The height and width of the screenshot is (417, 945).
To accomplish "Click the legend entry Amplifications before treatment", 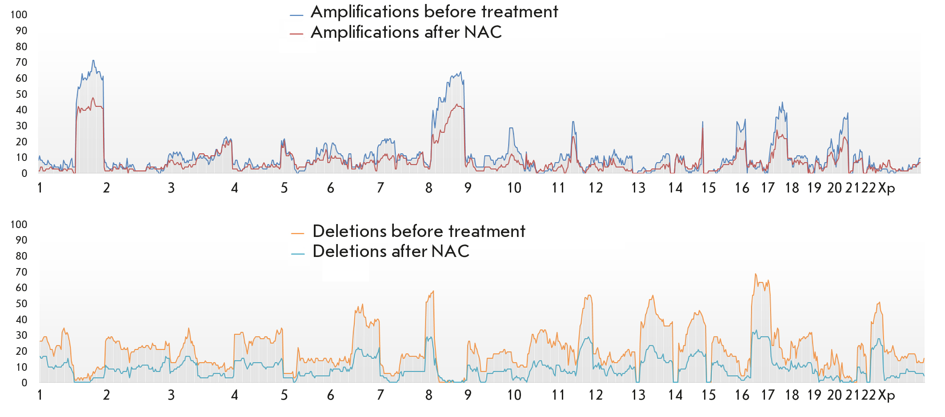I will [434, 12].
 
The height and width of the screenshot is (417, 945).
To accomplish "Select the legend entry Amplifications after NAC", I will [406, 32].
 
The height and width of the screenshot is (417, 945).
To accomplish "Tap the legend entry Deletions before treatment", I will [419, 231].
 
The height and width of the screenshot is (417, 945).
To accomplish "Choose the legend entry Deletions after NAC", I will [391, 252].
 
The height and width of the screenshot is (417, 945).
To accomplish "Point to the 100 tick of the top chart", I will [19, 15].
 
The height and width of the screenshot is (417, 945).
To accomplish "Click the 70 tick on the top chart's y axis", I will [21, 62].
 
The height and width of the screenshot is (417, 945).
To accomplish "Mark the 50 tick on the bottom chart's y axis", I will [21, 304].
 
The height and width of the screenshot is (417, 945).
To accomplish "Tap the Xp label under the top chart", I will [886, 188].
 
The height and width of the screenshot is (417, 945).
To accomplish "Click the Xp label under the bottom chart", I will [886, 395].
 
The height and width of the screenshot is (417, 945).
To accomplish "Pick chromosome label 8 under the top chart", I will [428, 188].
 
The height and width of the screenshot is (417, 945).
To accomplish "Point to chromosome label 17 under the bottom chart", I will [768, 395].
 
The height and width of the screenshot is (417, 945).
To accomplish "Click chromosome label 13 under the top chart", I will [638, 188].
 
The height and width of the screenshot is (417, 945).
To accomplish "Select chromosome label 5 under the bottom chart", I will [284, 395].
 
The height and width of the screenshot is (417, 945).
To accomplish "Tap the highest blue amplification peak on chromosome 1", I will [93, 60].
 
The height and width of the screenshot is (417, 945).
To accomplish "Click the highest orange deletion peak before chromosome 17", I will [755, 274].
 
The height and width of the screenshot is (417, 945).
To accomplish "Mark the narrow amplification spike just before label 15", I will [703, 121].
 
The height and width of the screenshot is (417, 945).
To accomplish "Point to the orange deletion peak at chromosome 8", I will [433, 291].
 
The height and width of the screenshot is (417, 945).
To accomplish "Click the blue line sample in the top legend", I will [296, 15].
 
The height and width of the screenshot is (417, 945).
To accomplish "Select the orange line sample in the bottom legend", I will [298, 233].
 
